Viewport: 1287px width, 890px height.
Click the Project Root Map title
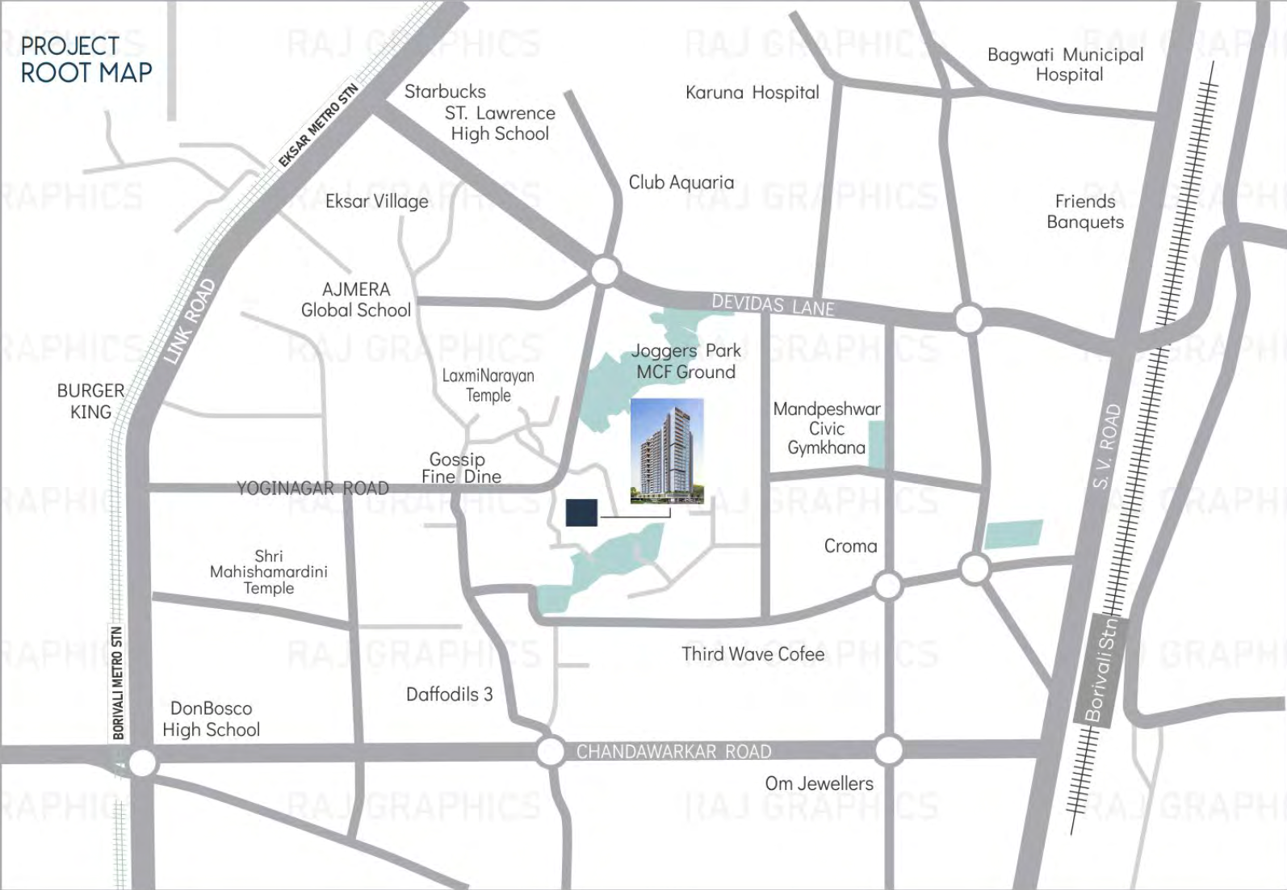[x=86, y=60]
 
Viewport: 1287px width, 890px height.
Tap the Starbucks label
[x=445, y=92]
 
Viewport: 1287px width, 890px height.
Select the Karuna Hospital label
[x=752, y=93]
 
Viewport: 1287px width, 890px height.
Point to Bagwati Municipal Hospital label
[x=1066, y=65]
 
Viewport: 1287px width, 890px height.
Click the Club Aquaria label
[x=681, y=183]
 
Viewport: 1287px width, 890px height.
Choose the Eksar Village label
[x=376, y=201]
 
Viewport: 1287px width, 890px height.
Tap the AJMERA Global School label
[x=356, y=300]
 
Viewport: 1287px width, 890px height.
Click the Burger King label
[x=90, y=401]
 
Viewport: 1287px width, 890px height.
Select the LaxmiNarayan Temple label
[x=488, y=385]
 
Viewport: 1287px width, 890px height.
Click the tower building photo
[x=666, y=451]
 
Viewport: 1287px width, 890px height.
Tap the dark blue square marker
[x=581, y=513]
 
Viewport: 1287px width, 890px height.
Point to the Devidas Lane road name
[x=773, y=304]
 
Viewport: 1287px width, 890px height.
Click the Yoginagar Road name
[x=312, y=489]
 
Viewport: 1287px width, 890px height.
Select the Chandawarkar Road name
[x=673, y=752]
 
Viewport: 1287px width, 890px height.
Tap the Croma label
[x=850, y=546]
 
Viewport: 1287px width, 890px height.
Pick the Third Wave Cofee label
[x=752, y=654]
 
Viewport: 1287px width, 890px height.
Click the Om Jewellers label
[x=819, y=783]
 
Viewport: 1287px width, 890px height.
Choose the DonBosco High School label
[x=211, y=719]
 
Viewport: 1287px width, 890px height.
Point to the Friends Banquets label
[x=1085, y=212]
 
